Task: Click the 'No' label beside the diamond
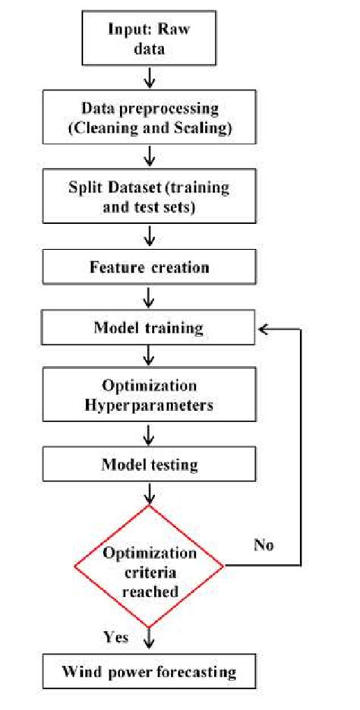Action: pyautogui.click(x=264, y=544)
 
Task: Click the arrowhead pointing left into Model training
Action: pyautogui.click(x=264, y=329)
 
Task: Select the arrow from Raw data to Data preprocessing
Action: pyautogui.click(x=149, y=78)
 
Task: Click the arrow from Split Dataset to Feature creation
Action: pyautogui.click(x=149, y=236)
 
